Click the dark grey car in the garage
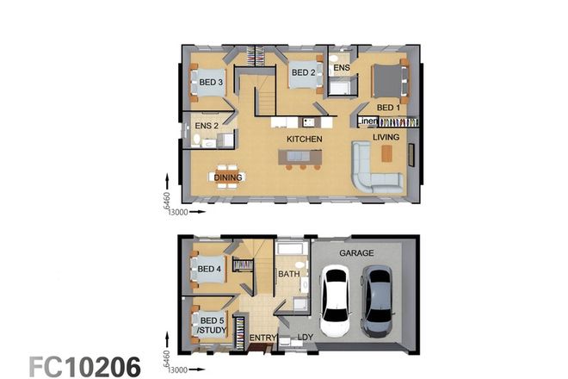(x=377, y=301)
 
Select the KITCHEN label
(x=305, y=139)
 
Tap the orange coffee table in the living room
(x=386, y=152)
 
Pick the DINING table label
(x=228, y=177)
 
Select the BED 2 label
(x=303, y=73)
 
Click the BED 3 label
(x=212, y=83)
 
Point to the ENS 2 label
(x=207, y=127)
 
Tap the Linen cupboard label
(x=369, y=121)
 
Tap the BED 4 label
(x=209, y=269)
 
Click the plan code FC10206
(x=85, y=365)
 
